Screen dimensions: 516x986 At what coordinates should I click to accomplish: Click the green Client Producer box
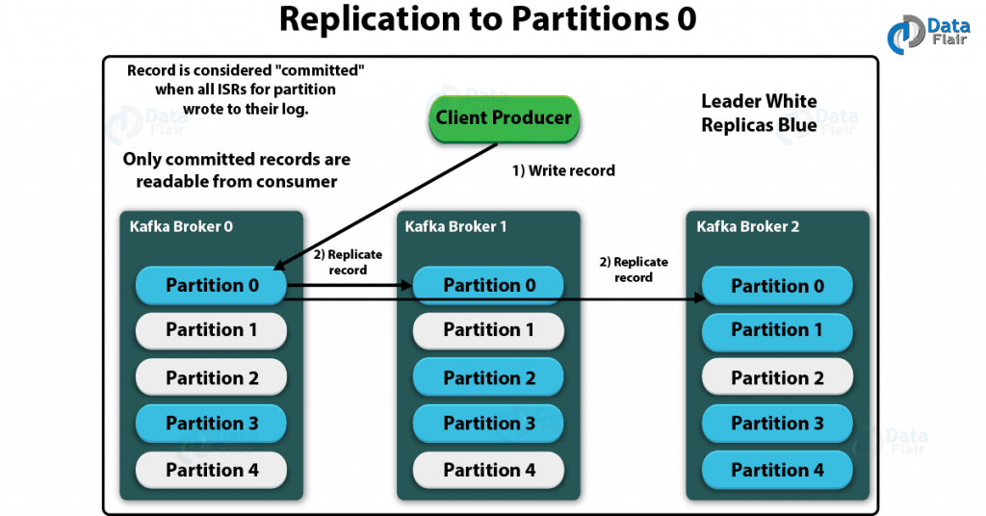coord(504,118)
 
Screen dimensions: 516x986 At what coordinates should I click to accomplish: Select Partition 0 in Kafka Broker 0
coord(212,285)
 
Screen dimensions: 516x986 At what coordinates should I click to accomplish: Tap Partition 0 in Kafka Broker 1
coord(489,285)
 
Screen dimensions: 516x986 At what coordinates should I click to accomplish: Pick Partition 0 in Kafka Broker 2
coord(777,286)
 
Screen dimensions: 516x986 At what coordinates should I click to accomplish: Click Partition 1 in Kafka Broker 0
coord(212,330)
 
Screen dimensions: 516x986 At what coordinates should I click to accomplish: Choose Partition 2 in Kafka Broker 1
coord(489,377)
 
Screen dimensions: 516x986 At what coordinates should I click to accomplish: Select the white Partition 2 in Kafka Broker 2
coord(777,377)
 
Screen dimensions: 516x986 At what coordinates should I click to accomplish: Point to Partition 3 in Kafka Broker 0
coord(212,424)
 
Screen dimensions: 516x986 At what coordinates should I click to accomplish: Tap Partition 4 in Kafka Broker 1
coord(489,470)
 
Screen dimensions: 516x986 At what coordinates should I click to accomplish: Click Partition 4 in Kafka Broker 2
coord(777,470)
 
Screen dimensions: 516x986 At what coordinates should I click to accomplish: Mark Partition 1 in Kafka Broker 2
coord(777,330)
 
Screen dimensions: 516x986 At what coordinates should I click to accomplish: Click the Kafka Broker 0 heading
coord(182,227)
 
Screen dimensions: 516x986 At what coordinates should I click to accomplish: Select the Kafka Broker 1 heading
coord(457,227)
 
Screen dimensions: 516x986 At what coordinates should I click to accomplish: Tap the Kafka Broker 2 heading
coord(748,227)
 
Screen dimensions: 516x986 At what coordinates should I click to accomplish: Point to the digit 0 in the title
coord(684,20)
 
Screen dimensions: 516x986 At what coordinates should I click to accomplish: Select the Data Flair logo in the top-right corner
coord(920,33)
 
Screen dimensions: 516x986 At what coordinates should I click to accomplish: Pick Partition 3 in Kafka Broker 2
coord(777,424)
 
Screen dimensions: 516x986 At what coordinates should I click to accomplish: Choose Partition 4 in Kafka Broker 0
coord(212,470)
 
